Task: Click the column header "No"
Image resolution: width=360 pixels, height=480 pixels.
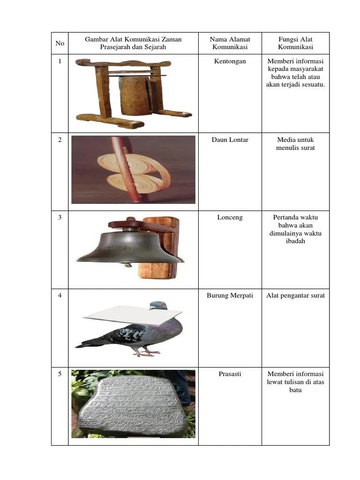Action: (60, 43)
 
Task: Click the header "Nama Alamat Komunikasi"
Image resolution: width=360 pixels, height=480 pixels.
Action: (230, 43)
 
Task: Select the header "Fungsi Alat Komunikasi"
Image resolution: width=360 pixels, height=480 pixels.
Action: (295, 43)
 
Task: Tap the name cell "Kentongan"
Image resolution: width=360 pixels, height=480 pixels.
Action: (230, 61)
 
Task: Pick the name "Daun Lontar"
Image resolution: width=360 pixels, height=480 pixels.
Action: (230, 140)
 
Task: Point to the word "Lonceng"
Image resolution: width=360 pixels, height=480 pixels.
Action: (230, 218)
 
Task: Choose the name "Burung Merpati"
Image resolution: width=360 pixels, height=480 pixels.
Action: (230, 296)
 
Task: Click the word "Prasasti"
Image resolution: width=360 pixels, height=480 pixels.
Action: (230, 374)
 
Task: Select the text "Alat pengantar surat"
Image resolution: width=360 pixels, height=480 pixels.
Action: (295, 296)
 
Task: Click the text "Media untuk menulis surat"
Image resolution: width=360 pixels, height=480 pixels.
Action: (295, 144)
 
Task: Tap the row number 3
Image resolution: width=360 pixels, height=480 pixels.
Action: (60, 218)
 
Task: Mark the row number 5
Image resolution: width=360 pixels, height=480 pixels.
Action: (60, 374)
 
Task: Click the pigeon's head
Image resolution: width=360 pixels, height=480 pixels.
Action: (158, 306)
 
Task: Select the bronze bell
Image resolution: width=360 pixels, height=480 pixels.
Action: (129, 246)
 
